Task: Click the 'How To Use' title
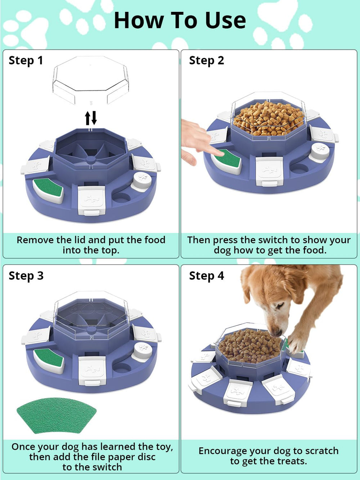(180, 20)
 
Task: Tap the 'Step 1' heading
(26, 60)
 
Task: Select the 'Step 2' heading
(207, 60)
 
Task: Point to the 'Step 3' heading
(26, 276)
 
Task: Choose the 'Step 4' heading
(207, 276)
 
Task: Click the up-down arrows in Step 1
(91, 118)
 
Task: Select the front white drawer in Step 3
(92, 370)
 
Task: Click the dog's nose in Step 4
(276, 333)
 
